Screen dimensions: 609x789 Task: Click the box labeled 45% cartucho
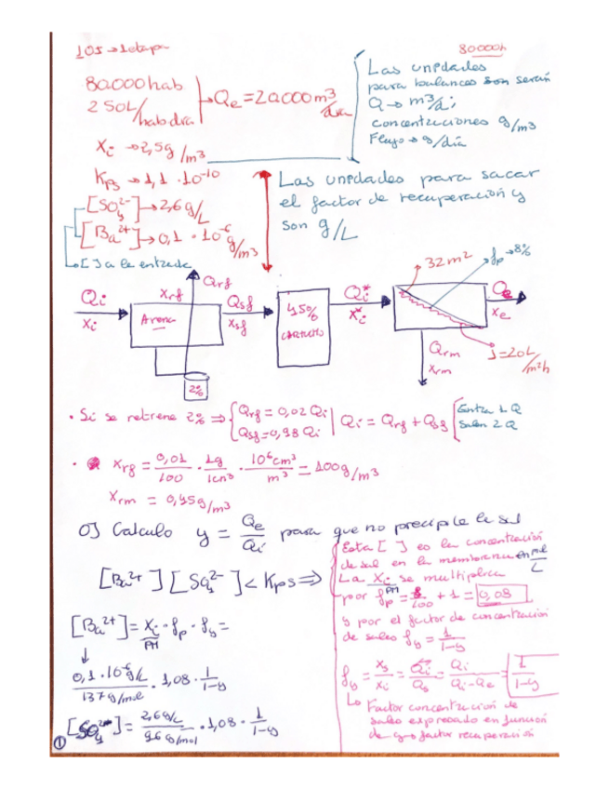pos(304,318)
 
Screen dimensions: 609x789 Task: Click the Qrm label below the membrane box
pos(444,349)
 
